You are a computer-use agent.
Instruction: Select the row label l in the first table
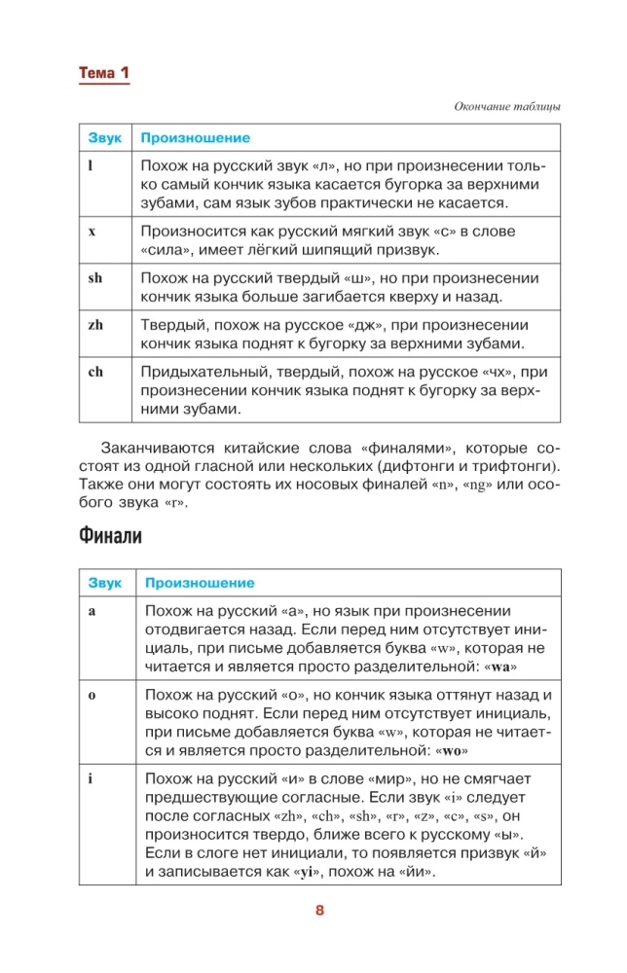[90, 166]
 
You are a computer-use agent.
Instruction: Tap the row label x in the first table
[91, 232]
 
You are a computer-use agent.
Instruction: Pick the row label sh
[94, 278]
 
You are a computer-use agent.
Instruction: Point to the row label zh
[94, 325]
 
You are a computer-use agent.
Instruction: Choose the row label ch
[94, 372]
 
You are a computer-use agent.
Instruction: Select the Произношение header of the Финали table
[199, 583]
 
